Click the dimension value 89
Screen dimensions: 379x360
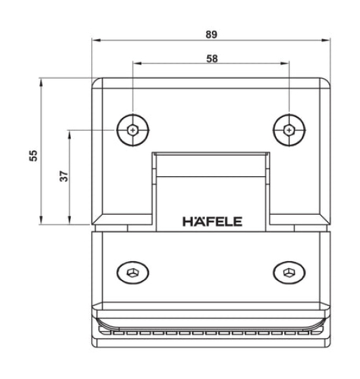(211, 32)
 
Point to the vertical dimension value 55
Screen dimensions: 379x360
(33, 154)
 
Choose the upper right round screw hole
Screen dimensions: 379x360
(289, 129)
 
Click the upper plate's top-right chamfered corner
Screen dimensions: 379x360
(324, 84)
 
